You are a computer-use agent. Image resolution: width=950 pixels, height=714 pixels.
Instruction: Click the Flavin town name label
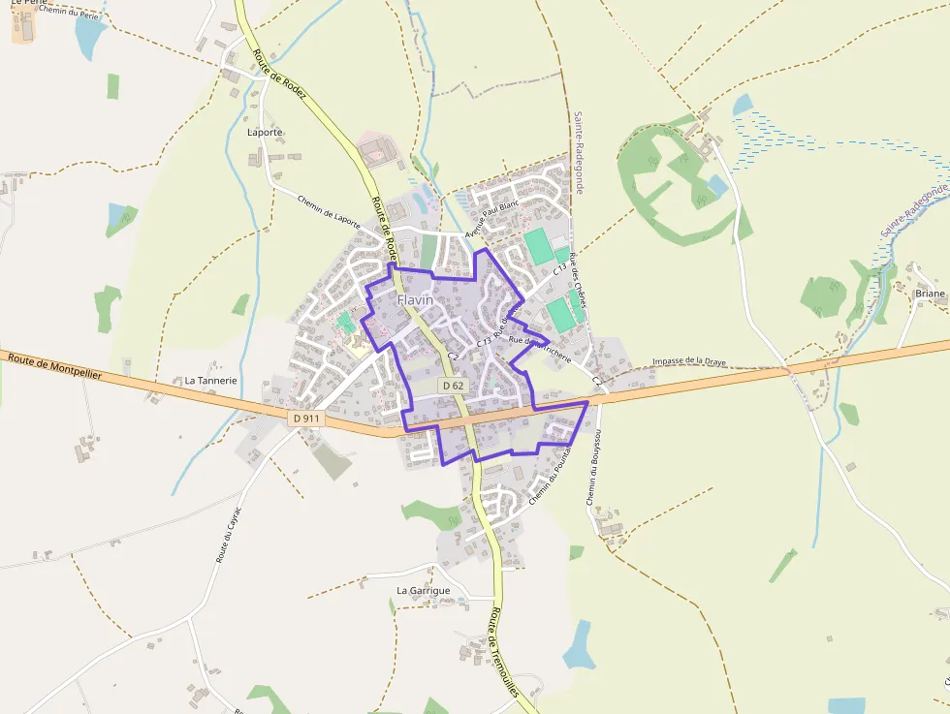(x=415, y=300)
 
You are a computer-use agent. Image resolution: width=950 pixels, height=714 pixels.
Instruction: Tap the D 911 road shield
(x=305, y=419)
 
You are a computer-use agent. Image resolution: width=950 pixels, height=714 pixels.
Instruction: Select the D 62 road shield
(x=453, y=386)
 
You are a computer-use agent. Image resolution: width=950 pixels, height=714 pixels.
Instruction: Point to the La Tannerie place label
(x=210, y=381)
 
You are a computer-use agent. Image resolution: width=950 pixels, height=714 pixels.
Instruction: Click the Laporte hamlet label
(x=265, y=132)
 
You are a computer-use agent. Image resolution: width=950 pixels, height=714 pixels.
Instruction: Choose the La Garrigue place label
(x=424, y=590)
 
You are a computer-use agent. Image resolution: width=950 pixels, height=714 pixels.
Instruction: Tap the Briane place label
(x=930, y=293)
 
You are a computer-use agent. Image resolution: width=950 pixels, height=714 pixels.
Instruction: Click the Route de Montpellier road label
(x=54, y=366)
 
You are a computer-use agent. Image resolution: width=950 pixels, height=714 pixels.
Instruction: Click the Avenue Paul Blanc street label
(x=491, y=219)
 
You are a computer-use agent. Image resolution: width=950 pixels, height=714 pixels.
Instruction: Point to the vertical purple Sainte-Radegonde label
(x=578, y=152)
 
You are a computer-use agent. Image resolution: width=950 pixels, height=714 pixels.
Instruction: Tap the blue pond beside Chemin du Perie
(x=90, y=39)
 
